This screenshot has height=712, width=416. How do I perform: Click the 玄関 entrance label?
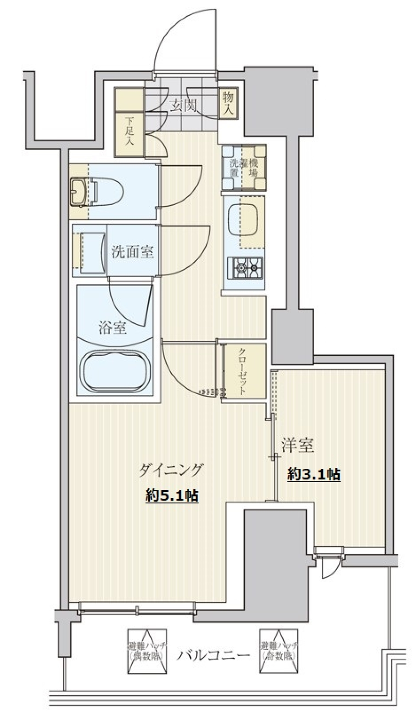pyautogui.click(x=181, y=106)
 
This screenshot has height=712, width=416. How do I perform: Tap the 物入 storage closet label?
pyautogui.click(x=228, y=103)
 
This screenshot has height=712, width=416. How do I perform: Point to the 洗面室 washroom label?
pyautogui.click(x=133, y=252)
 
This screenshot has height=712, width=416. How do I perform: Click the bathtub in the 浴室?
pyautogui.click(x=114, y=370)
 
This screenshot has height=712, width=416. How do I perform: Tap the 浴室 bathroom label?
pyautogui.click(x=113, y=328)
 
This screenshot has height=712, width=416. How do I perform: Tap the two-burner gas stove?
pyautogui.click(x=246, y=268)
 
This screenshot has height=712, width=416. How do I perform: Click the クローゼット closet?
pyautogui.click(x=243, y=371)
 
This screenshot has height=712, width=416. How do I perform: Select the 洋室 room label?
pyautogui.click(x=298, y=445)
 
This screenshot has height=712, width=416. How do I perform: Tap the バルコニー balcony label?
pyautogui.click(x=213, y=654)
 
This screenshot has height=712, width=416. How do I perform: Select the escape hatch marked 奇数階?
pyautogui.click(x=279, y=650)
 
